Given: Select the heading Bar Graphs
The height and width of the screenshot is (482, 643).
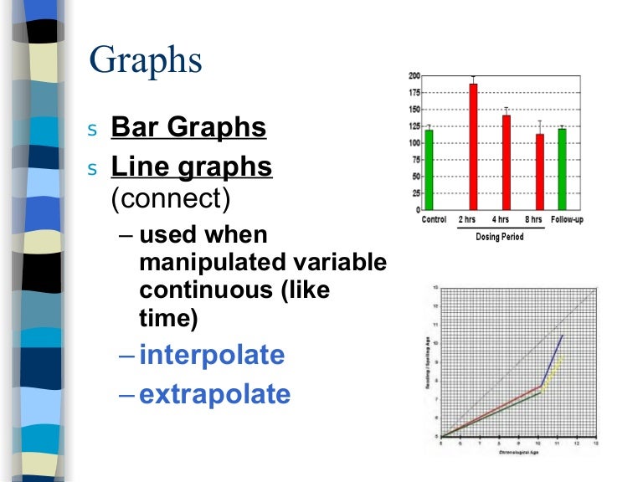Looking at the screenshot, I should pyautogui.click(x=188, y=128).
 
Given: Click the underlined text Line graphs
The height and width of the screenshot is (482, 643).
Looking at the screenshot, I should pyautogui.click(x=192, y=167).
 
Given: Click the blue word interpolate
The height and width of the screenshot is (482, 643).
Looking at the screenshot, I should pyautogui.click(x=212, y=356).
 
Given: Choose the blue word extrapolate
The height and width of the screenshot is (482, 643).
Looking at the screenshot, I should pyautogui.click(x=215, y=394).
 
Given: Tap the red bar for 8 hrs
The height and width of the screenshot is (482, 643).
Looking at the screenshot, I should pyautogui.click(x=540, y=171).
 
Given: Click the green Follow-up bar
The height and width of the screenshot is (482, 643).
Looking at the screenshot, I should pyautogui.click(x=562, y=168).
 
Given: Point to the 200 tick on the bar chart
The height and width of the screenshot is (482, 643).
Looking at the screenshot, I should pyautogui.click(x=414, y=76).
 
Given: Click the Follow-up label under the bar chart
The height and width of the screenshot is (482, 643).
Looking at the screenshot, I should pyautogui.click(x=566, y=221).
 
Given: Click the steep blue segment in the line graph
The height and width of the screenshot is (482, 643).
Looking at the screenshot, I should pyautogui.click(x=552, y=360).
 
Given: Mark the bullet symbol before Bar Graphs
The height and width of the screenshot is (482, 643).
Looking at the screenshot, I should pyautogui.click(x=93, y=130).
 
